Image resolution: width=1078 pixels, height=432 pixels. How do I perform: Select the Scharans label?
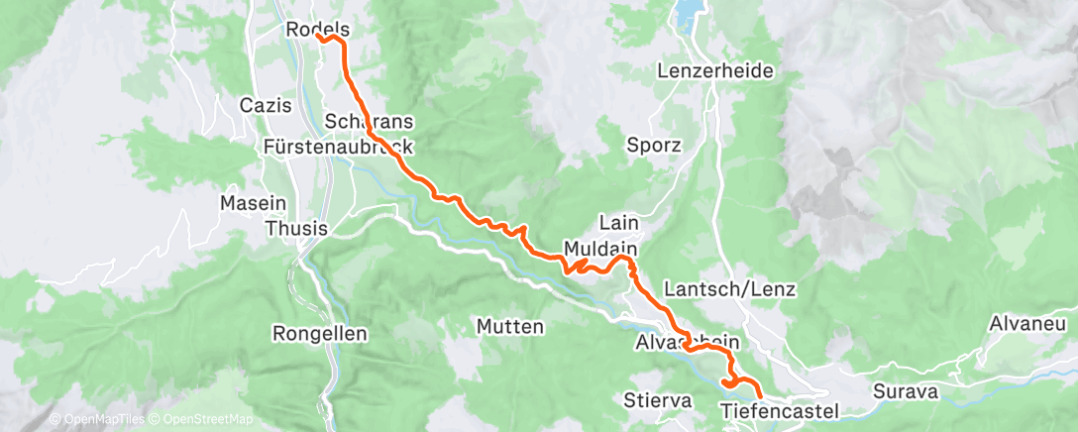pyautogui.click(x=369, y=120)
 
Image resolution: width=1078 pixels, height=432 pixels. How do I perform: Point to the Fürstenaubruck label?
pyautogui.click(x=338, y=146)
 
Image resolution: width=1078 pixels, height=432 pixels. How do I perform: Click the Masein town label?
pyautogui.click(x=247, y=202)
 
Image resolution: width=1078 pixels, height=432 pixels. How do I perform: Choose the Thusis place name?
pyautogui.click(x=297, y=229)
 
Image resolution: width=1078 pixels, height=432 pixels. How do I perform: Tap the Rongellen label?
pyautogui.click(x=318, y=333)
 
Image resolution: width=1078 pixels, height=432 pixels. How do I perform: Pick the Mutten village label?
pyautogui.click(x=509, y=326)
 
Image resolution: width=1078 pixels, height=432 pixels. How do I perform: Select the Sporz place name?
pyautogui.click(x=654, y=145)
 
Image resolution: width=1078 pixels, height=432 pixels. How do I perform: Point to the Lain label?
pyautogui.click(x=618, y=222)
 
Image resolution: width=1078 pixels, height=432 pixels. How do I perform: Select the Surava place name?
pyautogui.click(x=905, y=391)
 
